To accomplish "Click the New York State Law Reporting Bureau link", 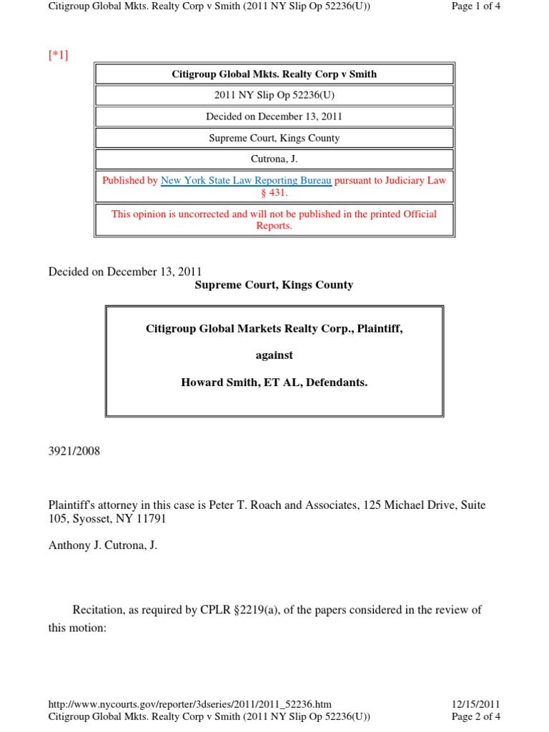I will [x=246, y=181].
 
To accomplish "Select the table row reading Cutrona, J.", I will [x=274, y=159].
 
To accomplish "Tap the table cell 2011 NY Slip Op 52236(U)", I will [x=274, y=95].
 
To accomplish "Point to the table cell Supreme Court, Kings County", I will [x=274, y=138].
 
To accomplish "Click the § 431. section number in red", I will [x=274, y=193].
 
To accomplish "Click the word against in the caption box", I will [x=274, y=355].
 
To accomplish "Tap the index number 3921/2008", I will [x=74, y=451].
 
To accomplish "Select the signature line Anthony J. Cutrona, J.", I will [x=102, y=545].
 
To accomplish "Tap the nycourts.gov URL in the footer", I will [x=189, y=704].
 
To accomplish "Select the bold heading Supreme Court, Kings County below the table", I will [x=274, y=285].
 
